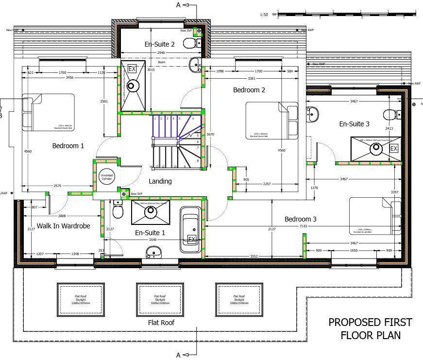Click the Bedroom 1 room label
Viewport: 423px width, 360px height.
click(x=68, y=146)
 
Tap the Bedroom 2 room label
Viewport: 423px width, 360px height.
click(x=249, y=90)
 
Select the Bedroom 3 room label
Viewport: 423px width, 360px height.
click(x=300, y=219)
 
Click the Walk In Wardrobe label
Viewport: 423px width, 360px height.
click(x=63, y=225)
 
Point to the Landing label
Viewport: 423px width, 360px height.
click(x=160, y=181)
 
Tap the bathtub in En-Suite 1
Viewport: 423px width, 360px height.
click(x=191, y=230)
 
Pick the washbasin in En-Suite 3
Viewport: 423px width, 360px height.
click(x=312, y=114)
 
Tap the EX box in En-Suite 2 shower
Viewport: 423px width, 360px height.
click(x=132, y=69)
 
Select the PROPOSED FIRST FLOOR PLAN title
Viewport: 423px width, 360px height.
click(x=370, y=328)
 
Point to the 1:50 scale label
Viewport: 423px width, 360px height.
click(x=264, y=15)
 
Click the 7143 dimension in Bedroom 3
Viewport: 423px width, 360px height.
click(x=304, y=226)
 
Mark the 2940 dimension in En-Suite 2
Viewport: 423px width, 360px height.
click(x=160, y=53)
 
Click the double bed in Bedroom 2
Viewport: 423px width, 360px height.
click(x=271, y=120)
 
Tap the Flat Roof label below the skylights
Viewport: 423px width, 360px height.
click(x=161, y=323)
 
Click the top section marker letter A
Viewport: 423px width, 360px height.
click(x=178, y=5)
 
